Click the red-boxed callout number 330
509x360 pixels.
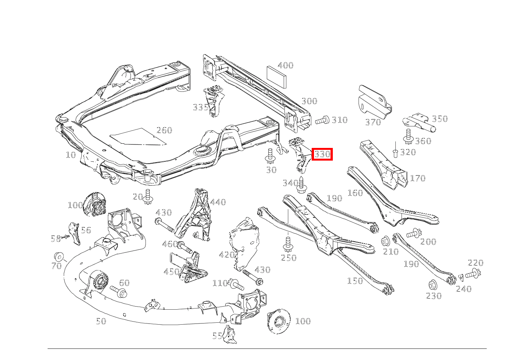322,154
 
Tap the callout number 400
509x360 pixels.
285,65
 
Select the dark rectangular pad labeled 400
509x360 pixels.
276,76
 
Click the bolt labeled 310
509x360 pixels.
323,120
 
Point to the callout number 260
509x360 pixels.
164,130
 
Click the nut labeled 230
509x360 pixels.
432,285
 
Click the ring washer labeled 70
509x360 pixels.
59,256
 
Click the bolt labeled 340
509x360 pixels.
301,186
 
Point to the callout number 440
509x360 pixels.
218,202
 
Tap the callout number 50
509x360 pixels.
101,321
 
